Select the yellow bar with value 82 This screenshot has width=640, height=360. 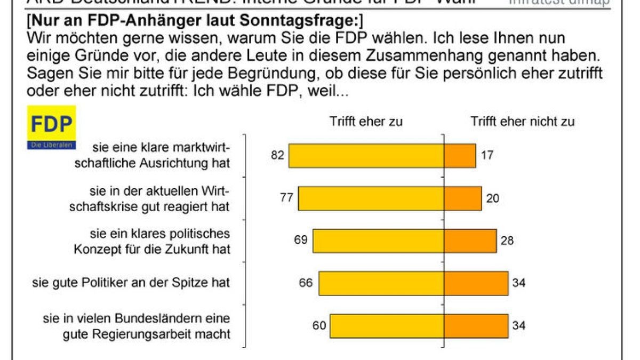366,156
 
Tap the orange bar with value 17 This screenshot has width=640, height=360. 460,156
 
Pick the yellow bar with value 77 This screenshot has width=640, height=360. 371,198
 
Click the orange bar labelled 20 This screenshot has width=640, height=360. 463,198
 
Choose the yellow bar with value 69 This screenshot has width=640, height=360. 378,241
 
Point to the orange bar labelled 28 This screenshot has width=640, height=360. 470,241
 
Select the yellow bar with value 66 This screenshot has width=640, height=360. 381,283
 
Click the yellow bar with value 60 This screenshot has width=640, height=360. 387,326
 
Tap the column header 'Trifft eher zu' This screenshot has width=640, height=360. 366,122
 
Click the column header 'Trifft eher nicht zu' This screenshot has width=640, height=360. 522,122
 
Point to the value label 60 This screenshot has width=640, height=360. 319,325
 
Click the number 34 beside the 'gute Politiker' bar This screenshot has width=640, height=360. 518,283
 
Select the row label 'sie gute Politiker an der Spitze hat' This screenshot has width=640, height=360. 131,283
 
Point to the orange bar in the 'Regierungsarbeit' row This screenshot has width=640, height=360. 476,326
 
